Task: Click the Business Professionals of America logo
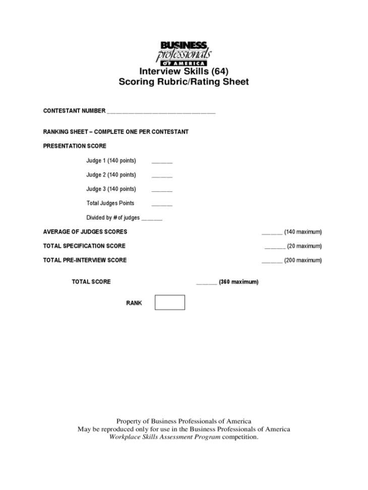pyautogui.click(x=183, y=53)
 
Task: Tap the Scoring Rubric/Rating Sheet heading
pyautogui.click(x=183, y=82)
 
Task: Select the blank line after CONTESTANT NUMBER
pyautogui.click(x=161, y=112)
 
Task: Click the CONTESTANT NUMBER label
pyautogui.click(x=74, y=110)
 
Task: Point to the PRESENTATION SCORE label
pyautogui.click(x=75, y=146)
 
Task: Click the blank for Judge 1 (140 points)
pyautogui.click(x=162, y=162)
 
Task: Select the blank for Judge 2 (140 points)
pyautogui.click(x=162, y=176)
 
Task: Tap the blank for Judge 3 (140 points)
pyautogui.click(x=162, y=190)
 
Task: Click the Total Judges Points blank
pyautogui.click(x=162, y=204)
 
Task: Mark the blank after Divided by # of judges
pyautogui.click(x=152, y=219)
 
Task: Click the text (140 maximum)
pyautogui.click(x=303, y=232)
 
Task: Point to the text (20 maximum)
pyautogui.click(x=304, y=246)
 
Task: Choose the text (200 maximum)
pyautogui.click(x=303, y=260)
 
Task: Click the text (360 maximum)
pyautogui.click(x=239, y=282)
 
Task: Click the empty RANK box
pyautogui.click(x=170, y=302)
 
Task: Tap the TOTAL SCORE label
pyautogui.click(x=91, y=282)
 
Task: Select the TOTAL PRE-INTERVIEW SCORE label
pyautogui.click(x=85, y=260)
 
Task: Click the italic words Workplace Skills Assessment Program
pyautogui.click(x=165, y=437)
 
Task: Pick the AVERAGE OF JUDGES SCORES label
pyautogui.click(x=85, y=232)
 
